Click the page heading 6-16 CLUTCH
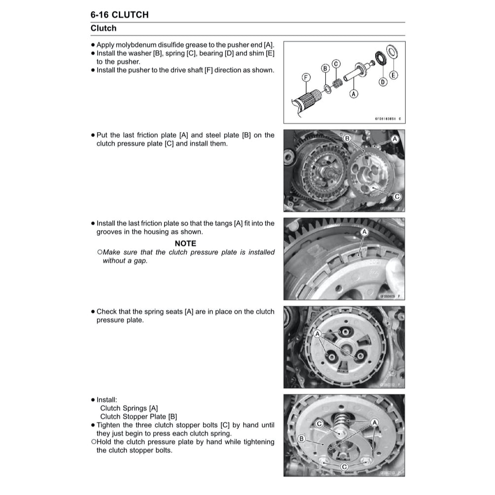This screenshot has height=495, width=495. click(119, 15)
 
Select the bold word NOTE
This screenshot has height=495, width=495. click(185, 244)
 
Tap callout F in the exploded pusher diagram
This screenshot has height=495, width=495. click(306, 77)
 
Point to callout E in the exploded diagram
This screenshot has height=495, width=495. click(393, 75)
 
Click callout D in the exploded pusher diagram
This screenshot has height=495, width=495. click(383, 82)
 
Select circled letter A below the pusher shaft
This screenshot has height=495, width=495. click(354, 93)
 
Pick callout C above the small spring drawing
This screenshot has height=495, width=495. click(336, 64)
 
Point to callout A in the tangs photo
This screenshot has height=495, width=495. click(365, 231)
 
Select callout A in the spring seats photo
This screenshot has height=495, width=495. click(318, 334)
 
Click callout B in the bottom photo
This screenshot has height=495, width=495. click(302, 438)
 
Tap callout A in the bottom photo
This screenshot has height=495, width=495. click(374, 422)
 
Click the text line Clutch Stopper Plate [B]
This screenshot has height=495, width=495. click(139, 417)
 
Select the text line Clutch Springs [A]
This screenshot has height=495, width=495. click(129, 408)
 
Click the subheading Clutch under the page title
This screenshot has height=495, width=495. click(104, 28)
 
